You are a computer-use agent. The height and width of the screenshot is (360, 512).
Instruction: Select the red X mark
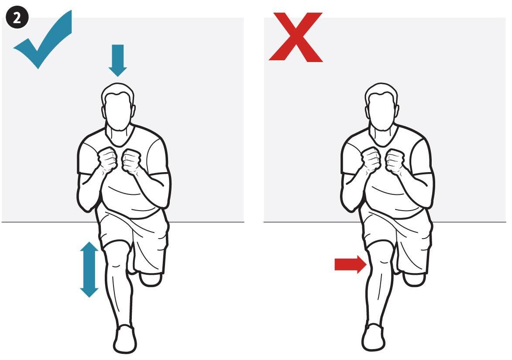(296, 37)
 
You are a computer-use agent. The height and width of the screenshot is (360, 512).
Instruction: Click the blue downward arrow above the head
(117, 60)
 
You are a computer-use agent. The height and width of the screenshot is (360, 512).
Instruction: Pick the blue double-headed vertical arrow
(89, 269)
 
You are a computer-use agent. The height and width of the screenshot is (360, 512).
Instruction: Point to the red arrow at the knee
(350, 264)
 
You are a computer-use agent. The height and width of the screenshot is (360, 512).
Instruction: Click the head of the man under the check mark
(118, 108)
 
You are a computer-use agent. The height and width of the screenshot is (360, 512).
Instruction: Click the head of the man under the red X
(381, 108)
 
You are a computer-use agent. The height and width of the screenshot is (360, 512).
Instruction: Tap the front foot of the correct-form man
(125, 339)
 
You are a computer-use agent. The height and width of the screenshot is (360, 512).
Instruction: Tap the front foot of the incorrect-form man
(374, 337)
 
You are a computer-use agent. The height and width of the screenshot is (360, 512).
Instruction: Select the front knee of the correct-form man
(117, 257)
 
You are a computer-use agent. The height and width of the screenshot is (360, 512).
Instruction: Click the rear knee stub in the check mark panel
(151, 280)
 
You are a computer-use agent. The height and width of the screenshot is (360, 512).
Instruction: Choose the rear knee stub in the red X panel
(414, 280)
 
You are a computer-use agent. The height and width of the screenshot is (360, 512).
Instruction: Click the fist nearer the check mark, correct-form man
(107, 159)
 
